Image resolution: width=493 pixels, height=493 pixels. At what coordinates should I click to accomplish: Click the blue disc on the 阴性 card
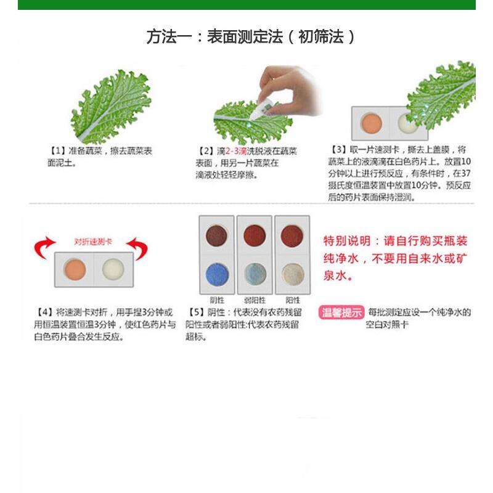217,274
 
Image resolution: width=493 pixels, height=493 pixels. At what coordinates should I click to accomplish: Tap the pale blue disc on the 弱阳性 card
255,274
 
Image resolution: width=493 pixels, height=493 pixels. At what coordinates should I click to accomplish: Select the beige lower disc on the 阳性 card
293,274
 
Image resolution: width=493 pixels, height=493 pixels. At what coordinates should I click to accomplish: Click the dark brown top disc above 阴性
217,236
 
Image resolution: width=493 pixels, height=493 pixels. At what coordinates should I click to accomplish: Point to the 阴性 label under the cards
218,300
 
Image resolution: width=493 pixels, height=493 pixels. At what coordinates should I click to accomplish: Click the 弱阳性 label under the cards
255,300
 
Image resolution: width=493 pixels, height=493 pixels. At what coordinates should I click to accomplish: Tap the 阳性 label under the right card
293,300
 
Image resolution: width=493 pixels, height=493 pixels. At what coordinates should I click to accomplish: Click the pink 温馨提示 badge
341,312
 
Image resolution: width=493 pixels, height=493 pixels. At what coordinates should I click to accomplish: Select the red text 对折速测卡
93,242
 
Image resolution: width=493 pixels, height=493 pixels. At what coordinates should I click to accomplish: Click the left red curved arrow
44,247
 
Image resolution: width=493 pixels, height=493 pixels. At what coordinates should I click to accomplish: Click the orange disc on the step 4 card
75,269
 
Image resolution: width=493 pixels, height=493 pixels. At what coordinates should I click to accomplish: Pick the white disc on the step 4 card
113,269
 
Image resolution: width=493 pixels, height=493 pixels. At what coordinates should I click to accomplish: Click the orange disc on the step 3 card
372,123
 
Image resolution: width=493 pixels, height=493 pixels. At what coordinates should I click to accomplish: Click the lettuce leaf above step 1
112,107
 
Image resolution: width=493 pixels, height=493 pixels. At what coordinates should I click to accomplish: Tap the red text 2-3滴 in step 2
236,151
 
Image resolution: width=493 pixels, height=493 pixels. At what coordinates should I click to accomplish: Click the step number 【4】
44,312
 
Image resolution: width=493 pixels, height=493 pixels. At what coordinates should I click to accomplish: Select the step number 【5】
195,312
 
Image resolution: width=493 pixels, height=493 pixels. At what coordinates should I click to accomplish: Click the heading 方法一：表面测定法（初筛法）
251,37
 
